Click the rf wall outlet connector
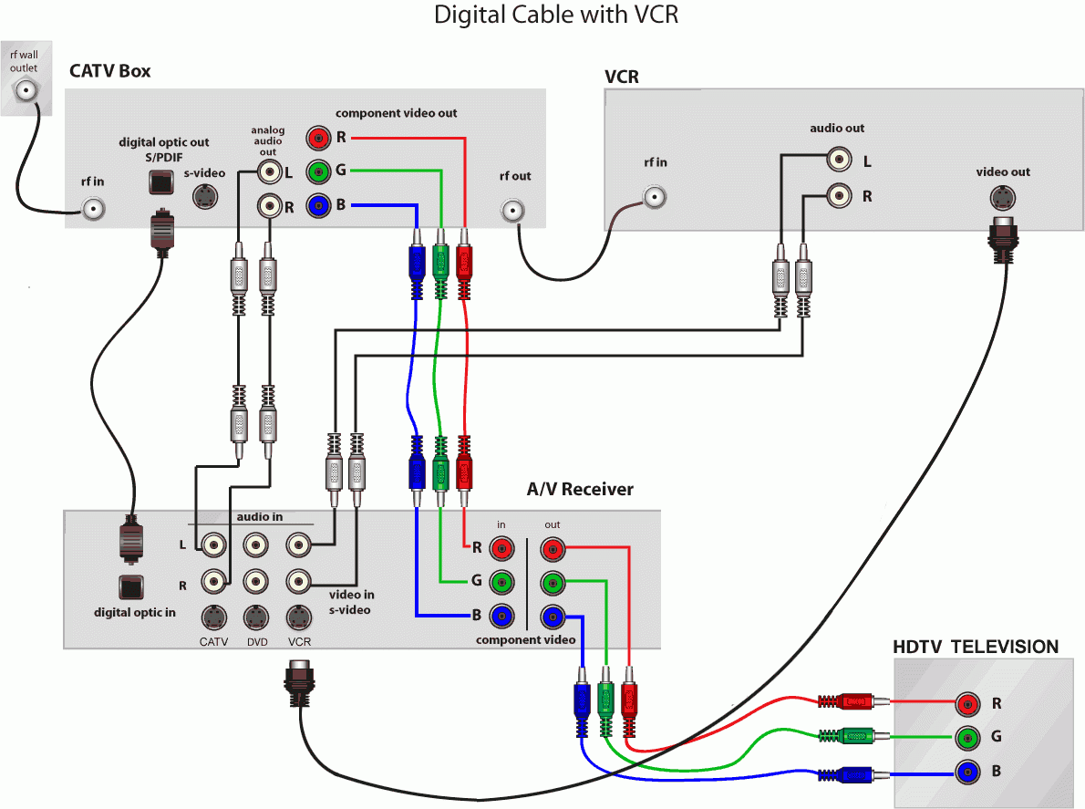click(26, 89)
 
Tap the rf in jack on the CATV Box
click(93, 209)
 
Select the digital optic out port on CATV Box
click(160, 182)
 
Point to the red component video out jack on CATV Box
click(318, 138)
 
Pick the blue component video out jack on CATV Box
click(318, 206)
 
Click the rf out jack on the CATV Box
click(513, 211)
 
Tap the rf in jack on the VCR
click(654, 195)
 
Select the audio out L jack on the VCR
click(838, 161)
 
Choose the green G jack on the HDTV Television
click(967, 738)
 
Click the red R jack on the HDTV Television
click(967, 703)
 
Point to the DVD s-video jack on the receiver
click(256, 617)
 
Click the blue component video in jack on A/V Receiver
click(501, 617)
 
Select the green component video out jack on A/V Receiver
click(553, 583)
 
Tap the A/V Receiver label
click(580, 489)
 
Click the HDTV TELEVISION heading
click(976, 647)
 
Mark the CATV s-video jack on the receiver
click(213, 617)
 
